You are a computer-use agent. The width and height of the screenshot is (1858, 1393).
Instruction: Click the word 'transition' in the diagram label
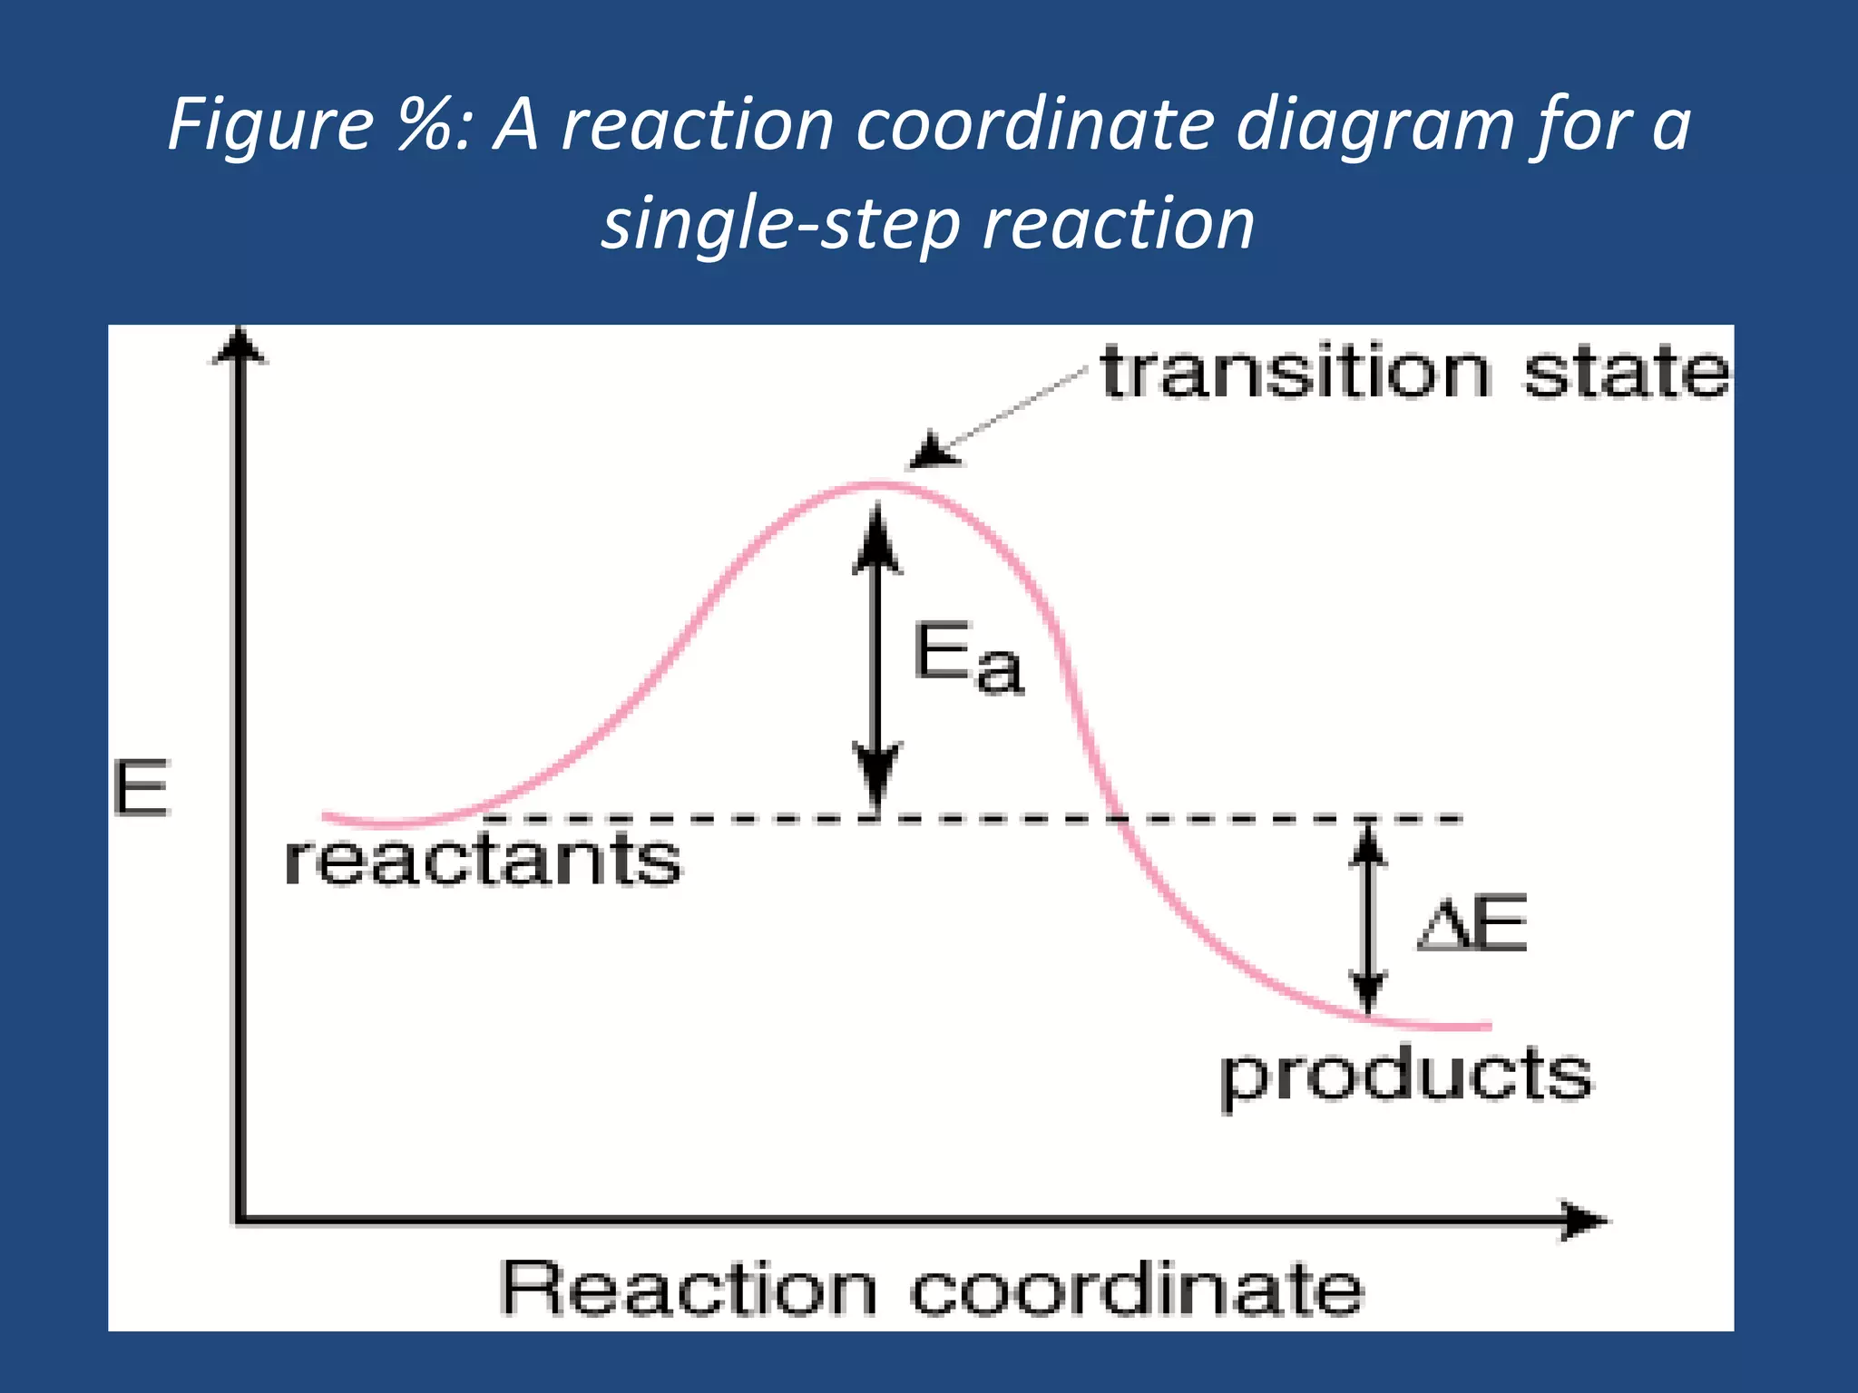pos(1296,373)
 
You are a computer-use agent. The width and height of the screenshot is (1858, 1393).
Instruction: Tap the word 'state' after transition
pos(1626,373)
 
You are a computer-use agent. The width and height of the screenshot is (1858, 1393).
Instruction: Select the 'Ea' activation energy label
pos(967,658)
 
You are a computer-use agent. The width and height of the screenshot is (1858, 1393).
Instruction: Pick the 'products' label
pos(1405,1076)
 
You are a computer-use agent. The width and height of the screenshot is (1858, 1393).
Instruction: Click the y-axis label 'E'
pos(142,788)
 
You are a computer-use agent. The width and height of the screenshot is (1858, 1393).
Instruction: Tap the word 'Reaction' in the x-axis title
pos(689,1288)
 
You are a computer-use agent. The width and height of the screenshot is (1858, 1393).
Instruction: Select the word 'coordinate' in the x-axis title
pos(1137,1288)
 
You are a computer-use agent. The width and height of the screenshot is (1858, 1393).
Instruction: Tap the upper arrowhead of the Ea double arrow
pos(876,542)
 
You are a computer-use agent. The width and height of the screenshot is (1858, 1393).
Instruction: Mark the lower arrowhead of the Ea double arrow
pos(876,771)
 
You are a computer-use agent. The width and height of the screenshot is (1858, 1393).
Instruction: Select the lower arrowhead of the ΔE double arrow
pos(1368,990)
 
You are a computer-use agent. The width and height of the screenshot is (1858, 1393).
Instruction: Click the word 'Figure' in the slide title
pos(270,124)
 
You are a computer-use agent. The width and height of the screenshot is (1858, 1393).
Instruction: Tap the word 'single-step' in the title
pos(780,224)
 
